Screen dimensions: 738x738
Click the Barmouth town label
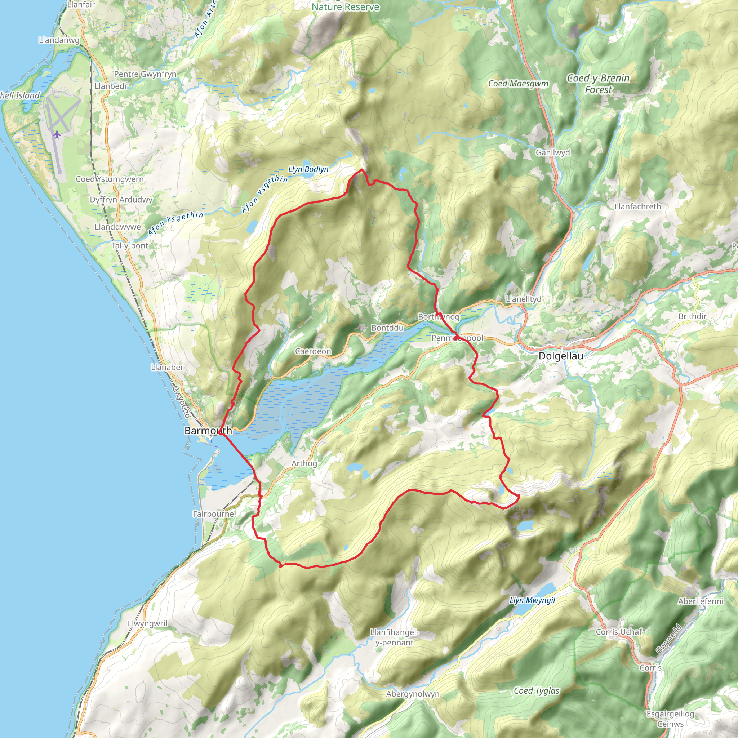208,431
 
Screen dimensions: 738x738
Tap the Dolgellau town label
560,356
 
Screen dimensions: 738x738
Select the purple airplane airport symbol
57,134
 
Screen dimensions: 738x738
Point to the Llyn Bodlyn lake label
308,169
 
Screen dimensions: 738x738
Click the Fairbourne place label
213,514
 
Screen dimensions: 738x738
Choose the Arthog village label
304,463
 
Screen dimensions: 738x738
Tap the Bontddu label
387,328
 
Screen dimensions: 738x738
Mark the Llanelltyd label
523,299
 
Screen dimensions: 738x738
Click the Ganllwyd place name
552,152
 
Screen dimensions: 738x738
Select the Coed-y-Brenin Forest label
598,84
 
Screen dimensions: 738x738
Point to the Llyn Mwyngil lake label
532,600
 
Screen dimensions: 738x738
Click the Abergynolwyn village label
413,694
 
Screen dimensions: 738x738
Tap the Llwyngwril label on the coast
147,623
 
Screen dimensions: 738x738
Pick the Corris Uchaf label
619,632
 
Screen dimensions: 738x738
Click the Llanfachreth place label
637,206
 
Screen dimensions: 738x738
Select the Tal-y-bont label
129,246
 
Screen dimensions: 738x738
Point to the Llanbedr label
111,86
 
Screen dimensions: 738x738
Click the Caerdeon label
313,351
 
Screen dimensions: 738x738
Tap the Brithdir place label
692,316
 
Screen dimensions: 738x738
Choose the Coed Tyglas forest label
536,691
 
